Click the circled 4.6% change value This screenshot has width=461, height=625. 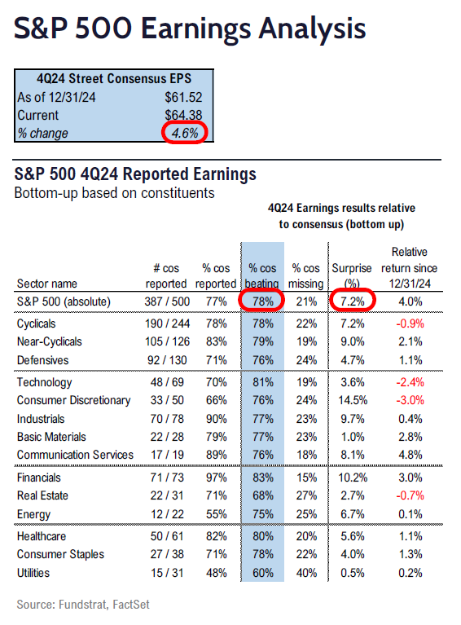click(x=185, y=133)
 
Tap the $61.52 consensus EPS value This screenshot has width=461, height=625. click(x=183, y=97)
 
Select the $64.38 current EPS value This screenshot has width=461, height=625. click(x=183, y=115)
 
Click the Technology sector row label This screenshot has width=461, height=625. click(x=44, y=382)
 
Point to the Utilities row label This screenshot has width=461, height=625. click(x=33, y=573)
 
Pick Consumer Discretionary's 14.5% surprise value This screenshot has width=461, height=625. click(x=353, y=400)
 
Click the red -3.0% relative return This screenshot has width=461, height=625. click(x=410, y=400)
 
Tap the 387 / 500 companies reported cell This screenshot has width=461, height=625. click(x=167, y=301)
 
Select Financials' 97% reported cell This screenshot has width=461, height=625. click(x=217, y=478)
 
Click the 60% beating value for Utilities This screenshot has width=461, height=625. click(x=263, y=573)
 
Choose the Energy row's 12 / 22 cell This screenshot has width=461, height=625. click(x=167, y=514)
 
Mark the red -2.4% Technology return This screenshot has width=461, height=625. click(x=410, y=382)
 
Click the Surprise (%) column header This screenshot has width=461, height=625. click(x=352, y=275)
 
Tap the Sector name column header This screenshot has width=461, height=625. click(x=47, y=284)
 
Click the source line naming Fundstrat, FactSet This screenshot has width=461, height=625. click(x=83, y=605)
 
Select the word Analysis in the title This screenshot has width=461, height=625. click(x=312, y=29)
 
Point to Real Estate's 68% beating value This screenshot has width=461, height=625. click(x=263, y=495)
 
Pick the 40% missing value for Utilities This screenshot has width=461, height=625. click(x=306, y=573)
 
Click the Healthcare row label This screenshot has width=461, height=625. click(x=42, y=536)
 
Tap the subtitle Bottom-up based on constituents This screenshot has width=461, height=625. click(x=114, y=193)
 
